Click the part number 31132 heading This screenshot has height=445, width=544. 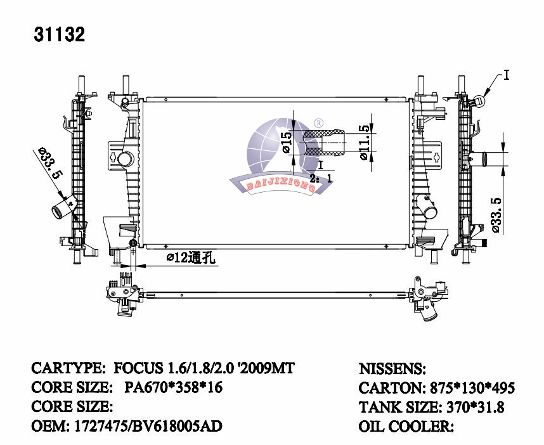(60, 34)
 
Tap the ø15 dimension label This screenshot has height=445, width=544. (287, 143)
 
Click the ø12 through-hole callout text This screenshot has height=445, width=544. (191, 257)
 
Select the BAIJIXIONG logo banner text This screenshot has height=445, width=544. (281, 186)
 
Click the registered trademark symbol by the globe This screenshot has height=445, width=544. (318, 123)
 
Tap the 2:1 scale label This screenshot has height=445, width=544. (321, 179)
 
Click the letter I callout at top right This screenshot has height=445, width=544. (506, 75)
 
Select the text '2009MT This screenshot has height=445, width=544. (266, 368)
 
